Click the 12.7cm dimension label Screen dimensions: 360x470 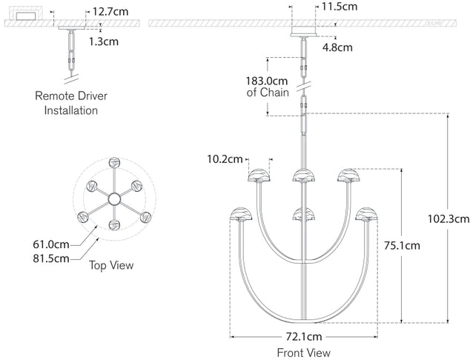point(108,12)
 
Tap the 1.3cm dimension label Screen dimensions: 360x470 point(104,41)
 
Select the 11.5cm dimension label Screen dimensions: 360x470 point(339,7)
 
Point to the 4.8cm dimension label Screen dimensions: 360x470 point(337,47)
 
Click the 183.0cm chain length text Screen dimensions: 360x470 point(267,81)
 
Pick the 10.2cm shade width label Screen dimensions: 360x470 point(225,159)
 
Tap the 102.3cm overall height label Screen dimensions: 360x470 point(449,219)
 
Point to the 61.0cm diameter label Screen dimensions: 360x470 point(51,244)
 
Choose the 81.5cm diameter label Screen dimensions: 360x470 point(51,258)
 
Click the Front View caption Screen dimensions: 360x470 point(303,353)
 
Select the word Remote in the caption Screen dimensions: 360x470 point(53,96)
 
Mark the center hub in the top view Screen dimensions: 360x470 point(115,199)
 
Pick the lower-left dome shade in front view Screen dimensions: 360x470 point(242,213)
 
